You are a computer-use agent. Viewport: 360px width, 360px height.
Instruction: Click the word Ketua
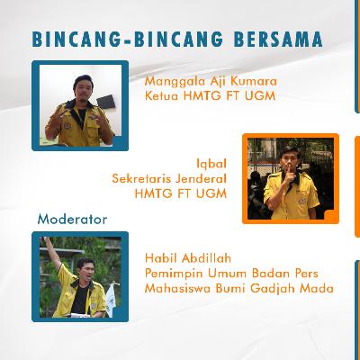[163, 95]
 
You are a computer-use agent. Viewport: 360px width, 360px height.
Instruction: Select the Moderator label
[72, 219]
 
